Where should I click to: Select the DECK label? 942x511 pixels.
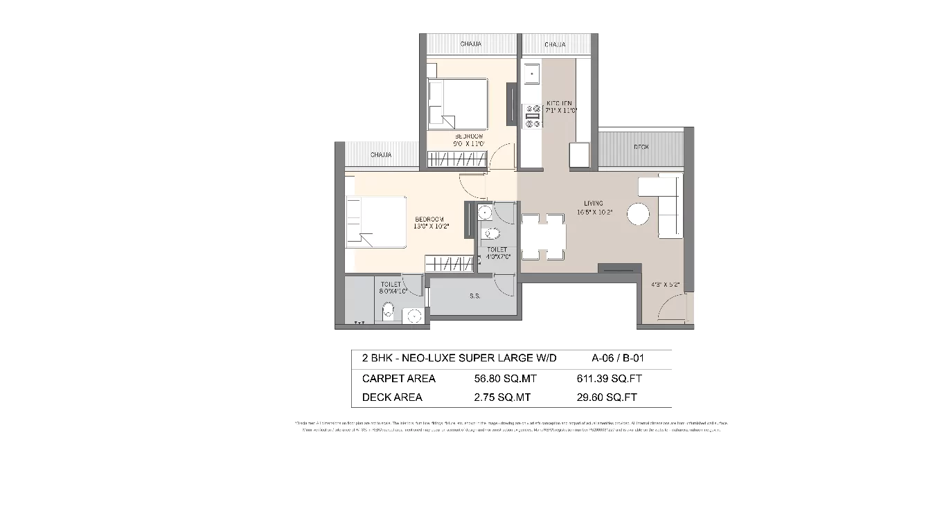coord(641,147)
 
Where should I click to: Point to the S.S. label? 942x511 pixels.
coord(474,296)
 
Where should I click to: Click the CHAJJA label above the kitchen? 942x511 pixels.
coord(555,45)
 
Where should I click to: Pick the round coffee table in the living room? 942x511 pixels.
coord(638,214)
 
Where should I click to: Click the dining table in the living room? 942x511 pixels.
coord(544,237)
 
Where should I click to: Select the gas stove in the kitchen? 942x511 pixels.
coord(533,116)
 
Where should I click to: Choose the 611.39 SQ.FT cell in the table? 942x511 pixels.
coord(606,379)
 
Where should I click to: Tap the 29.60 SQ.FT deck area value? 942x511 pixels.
coord(607,397)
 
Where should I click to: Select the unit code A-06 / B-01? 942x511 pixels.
coord(621,359)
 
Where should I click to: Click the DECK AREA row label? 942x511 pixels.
coord(392,397)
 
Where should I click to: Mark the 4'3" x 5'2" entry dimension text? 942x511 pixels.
coord(666,285)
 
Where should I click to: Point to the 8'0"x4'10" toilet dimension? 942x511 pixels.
coord(392,292)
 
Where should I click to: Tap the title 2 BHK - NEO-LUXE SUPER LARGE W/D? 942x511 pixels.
coord(459,359)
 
